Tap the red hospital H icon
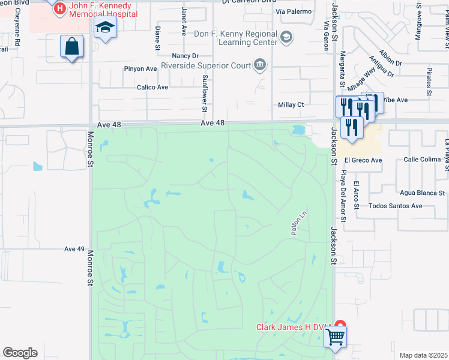pyautogui.click(x=60, y=8)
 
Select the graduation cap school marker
pyautogui.click(x=105, y=28)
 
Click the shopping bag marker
pyautogui.click(x=71, y=46)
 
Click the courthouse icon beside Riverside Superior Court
pyautogui.click(x=260, y=65)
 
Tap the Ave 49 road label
pyautogui.click(x=75, y=249)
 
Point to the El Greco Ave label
pyautogui.click(x=363, y=161)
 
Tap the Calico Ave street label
pyautogui.click(x=152, y=87)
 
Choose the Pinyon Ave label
pyautogui.click(x=140, y=69)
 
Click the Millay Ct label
pyautogui.click(x=291, y=104)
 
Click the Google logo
pyautogui.click(x=20, y=353)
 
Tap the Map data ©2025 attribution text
pyautogui.click(x=423, y=355)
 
